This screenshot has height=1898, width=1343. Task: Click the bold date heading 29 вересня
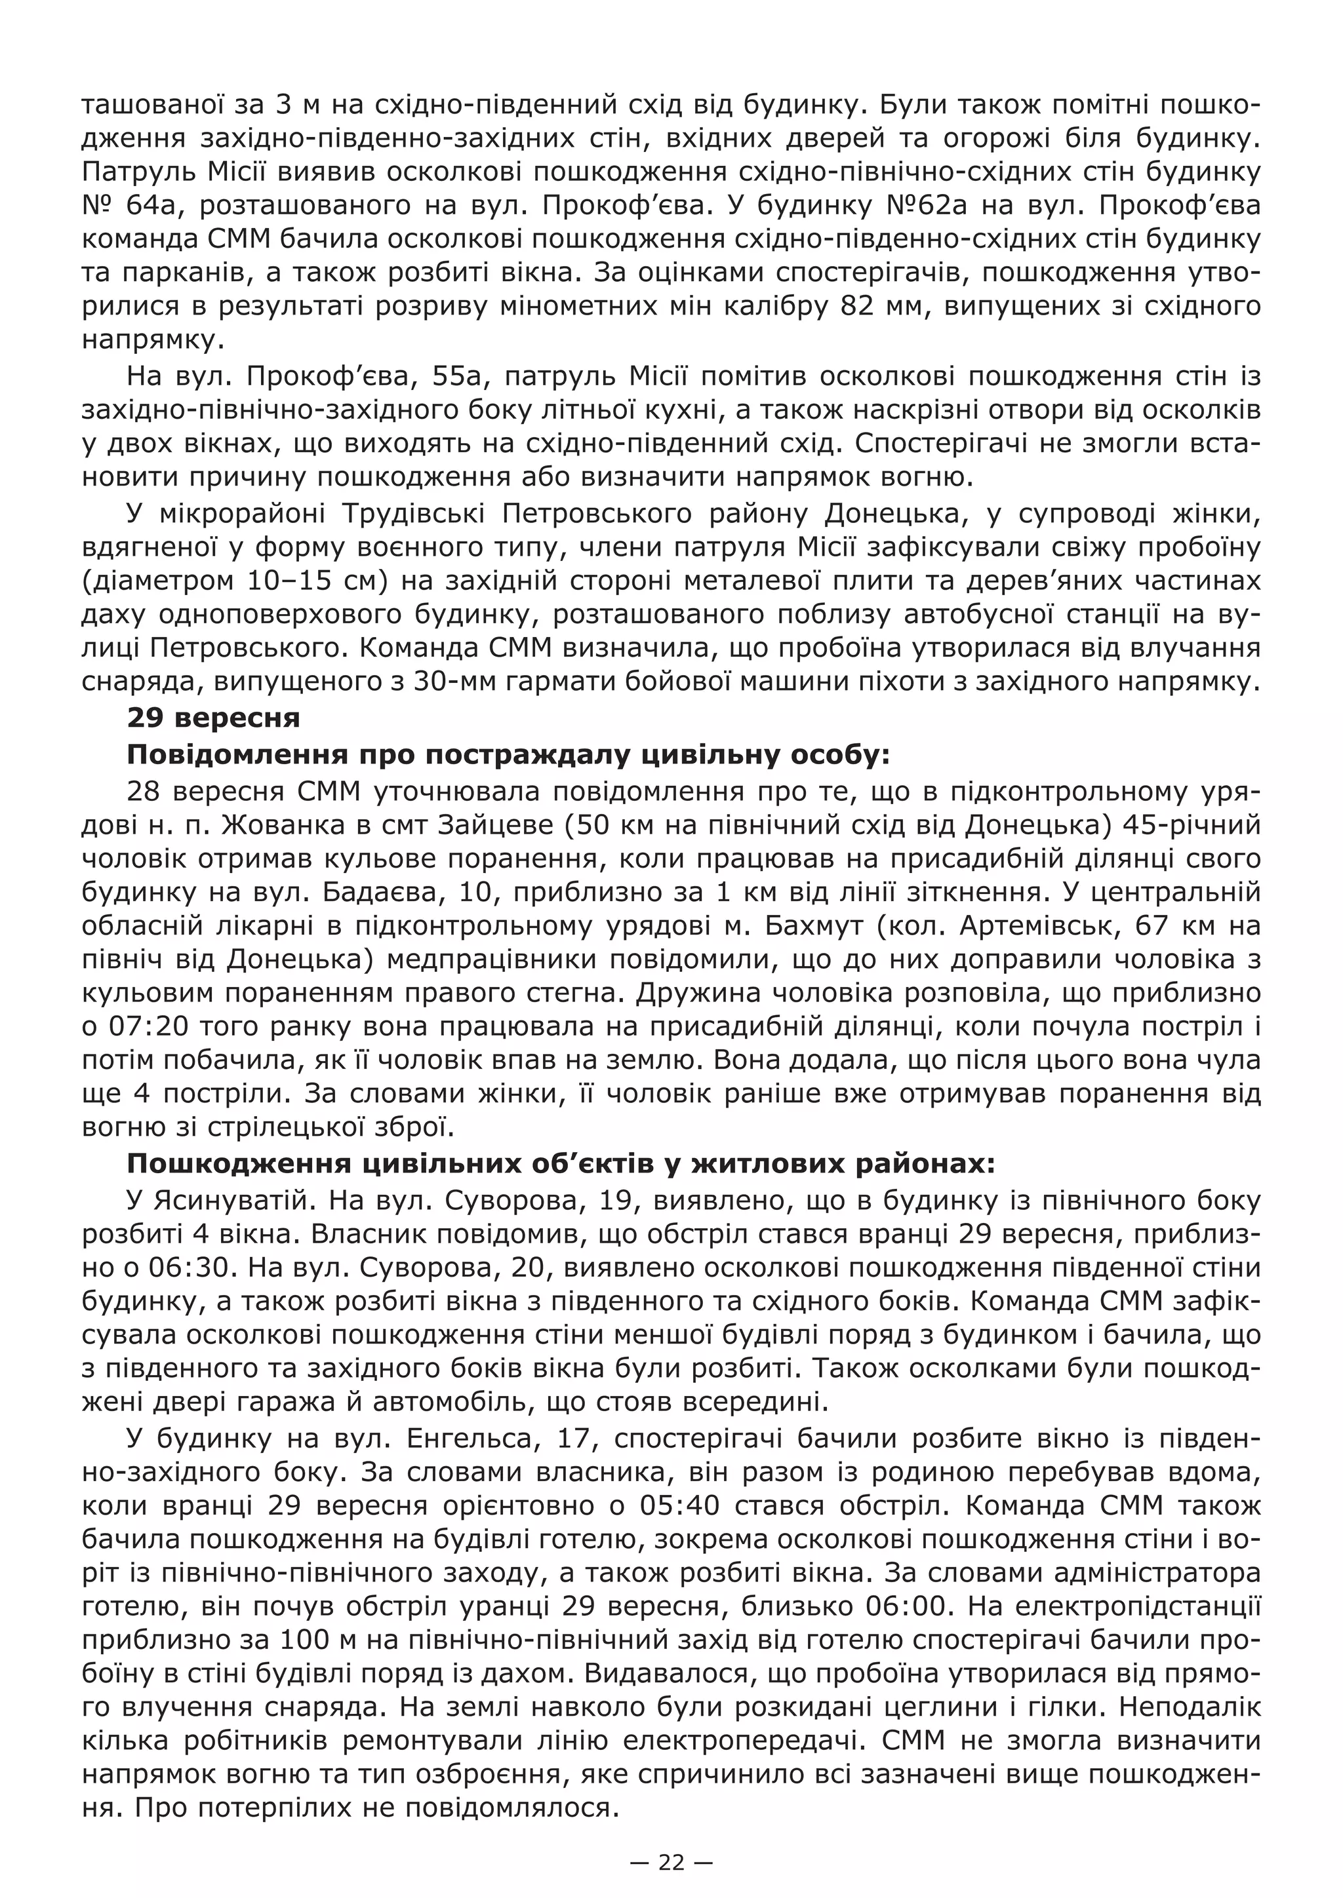click(x=212, y=718)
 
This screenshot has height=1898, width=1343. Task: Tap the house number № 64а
click(x=127, y=206)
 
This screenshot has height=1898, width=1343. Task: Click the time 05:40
click(x=675, y=1505)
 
